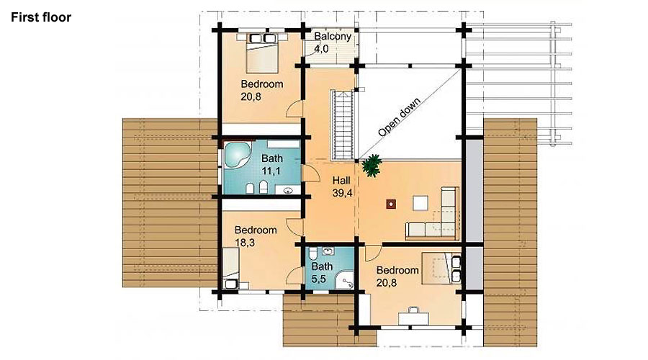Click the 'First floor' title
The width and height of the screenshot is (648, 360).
[x=41, y=17]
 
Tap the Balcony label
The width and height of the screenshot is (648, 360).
[x=332, y=37]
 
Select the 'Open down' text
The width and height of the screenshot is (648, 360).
[x=399, y=117]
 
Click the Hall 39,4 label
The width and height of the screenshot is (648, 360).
[x=342, y=186]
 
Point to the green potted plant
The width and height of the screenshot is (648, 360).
[x=371, y=166]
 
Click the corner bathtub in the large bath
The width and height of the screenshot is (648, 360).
[x=237, y=155]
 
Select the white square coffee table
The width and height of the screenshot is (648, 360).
[x=420, y=203]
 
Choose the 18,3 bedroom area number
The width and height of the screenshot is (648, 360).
[x=245, y=243]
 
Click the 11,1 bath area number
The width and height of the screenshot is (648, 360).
[x=271, y=171]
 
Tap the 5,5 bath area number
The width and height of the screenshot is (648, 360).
[x=319, y=279]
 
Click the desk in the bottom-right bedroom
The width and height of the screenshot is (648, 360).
[x=414, y=318]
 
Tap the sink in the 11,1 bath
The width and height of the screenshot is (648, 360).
[x=288, y=190]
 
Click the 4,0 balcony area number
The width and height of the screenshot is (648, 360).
[x=321, y=49]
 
